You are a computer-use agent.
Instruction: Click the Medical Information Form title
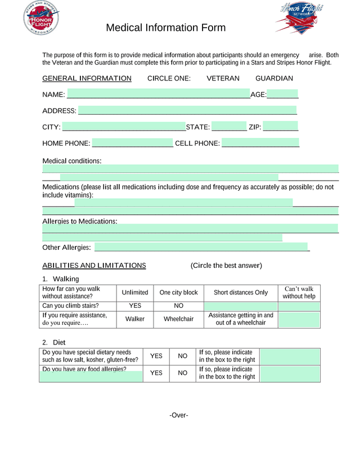click(166, 28)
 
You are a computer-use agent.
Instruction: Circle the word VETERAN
click(223, 78)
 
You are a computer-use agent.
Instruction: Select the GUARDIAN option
click(274, 78)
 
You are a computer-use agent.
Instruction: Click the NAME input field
click(158, 95)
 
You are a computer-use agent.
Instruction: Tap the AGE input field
click(282, 95)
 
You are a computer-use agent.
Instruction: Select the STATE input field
click(229, 127)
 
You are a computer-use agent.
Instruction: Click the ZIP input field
click(280, 127)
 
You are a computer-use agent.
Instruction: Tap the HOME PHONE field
click(132, 143)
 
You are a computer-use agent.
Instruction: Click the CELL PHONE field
click(260, 143)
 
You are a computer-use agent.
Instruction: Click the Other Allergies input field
click(201, 247)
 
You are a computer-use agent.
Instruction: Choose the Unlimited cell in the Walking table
click(135, 293)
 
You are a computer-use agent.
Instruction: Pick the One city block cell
click(178, 293)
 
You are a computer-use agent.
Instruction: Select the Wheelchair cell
click(178, 319)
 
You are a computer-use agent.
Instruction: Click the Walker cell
click(135, 319)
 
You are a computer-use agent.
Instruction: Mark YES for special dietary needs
click(156, 356)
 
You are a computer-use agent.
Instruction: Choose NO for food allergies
click(183, 373)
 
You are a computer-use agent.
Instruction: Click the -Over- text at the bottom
click(179, 415)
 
